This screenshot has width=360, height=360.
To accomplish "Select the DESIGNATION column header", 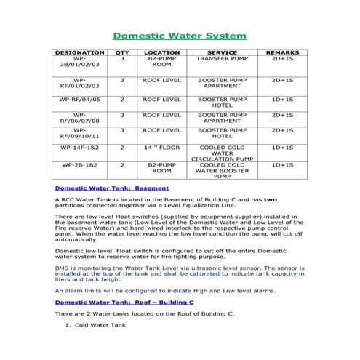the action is coord(80,53).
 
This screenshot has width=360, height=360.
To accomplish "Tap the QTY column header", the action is coord(121,53).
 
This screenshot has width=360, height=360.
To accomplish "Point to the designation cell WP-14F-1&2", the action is coord(80,148).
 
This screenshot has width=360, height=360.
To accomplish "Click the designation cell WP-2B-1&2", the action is coord(80,165).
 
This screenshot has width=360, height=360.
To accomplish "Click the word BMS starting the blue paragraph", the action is coord(62,268).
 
